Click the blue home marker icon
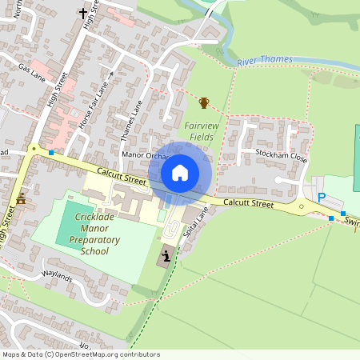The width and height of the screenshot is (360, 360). (x=180, y=172)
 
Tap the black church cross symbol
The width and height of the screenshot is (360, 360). (x=82, y=13)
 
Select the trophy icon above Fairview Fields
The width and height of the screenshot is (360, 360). (x=204, y=102)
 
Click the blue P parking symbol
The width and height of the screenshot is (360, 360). (x=322, y=198)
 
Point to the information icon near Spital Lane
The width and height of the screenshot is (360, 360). (x=166, y=255)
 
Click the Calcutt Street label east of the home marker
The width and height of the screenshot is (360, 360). (x=249, y=204)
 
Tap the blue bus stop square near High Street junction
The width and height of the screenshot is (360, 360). (x=51, y=152)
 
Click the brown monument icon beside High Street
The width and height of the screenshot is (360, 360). (x=21, y=198)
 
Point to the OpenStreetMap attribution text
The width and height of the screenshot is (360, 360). (x=70, y=354)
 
